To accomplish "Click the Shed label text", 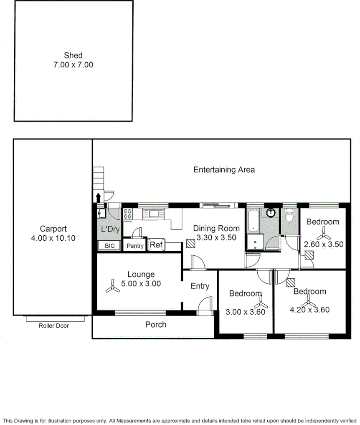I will tap(73, 55).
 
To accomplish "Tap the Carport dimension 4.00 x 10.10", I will tap(53, 238).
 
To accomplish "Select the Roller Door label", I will tap(54, 326).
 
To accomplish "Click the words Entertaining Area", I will tap(224, 170).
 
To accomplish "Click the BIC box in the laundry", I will tap(109, 245).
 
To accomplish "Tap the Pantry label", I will tap(135, 246).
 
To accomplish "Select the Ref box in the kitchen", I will tap(156, 245).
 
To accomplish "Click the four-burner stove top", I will tap(128, 214).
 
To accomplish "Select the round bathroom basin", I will tap(271, 212).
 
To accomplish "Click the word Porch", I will tap(156, 325).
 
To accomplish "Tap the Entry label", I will tap(200, 286).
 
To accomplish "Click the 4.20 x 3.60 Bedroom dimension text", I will tap(309, 310).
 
